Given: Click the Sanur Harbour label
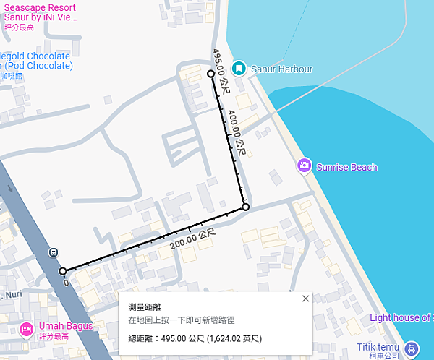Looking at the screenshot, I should (x=281, y=69).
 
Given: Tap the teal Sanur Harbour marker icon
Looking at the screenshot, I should (x=238, y=69).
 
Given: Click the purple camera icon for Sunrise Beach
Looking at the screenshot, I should (x=305, y=167).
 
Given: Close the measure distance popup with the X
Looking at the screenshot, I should (x=305, y=299).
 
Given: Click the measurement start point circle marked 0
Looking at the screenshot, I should (x=62, y=271).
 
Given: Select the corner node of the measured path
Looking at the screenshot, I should (x=245, y=207).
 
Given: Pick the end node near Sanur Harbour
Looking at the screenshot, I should (x=210, y=74).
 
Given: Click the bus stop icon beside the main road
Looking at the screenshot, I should (x=53, y=252).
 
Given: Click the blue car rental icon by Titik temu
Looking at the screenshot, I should (x=412, y=348).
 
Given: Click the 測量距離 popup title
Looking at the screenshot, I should (x=145, y=307).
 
